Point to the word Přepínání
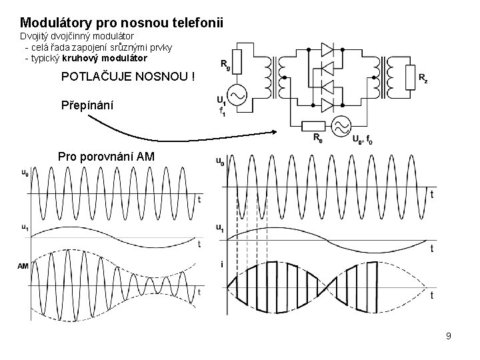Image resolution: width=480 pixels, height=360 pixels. point(87,105)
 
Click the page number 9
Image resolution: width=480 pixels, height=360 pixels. point(449,336)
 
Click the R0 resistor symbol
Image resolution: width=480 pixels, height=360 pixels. point(313,125)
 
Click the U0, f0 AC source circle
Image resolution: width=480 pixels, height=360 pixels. point(342,125)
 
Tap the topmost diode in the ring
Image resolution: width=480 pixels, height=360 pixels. point(327,49)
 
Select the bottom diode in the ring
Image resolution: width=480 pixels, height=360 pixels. point(327,104)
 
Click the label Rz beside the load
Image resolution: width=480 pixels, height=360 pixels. point(423,78)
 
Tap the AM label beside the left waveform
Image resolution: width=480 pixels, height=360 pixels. point(23,266)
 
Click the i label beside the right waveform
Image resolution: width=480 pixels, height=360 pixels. point(221,265)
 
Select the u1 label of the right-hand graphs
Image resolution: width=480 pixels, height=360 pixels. point(220,227)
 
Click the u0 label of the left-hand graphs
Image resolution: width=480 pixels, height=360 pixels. point(25,173)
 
